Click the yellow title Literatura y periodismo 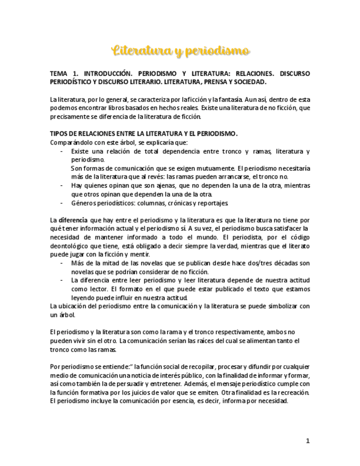coord(181,52)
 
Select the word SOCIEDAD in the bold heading coord(248,82)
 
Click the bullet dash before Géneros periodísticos coord(62,203)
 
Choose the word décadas coord(278,263)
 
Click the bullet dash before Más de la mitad coord(62,263)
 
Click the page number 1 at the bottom coord(308,440)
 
